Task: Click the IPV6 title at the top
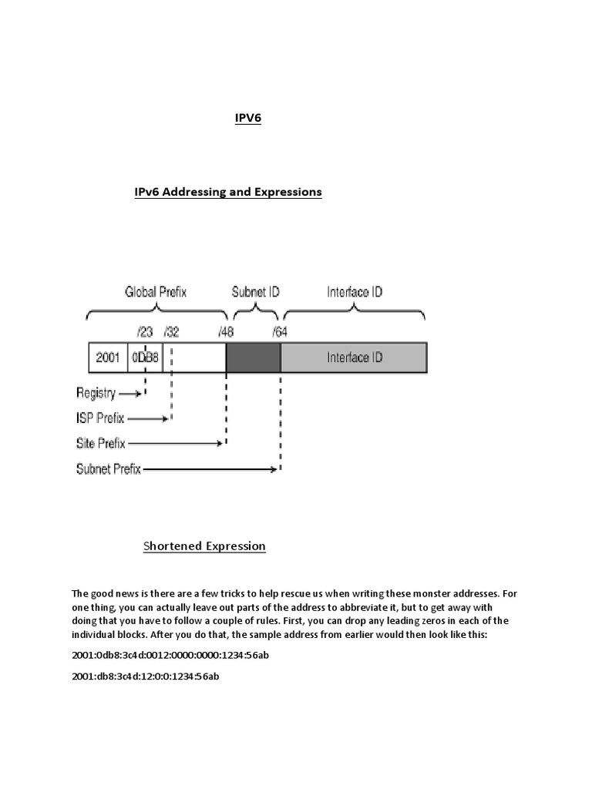pos(247,118)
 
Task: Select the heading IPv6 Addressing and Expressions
pos(227,192)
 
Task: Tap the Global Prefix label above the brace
pos(156,292)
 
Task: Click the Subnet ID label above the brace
pos(255,292)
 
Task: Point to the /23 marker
pos(145,332)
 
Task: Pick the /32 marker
pos(171,332)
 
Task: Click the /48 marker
pos(226,332)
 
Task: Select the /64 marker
pos(280,332)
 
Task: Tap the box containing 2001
pos(108,358)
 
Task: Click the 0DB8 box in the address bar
pos(146,358)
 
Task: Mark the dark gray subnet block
pos(253,358)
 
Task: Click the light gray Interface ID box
pos(354,358)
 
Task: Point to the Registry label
pos(96,393)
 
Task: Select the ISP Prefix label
pos(100,418)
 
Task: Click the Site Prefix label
pos(100,444)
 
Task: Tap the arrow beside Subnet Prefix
pos(210,468)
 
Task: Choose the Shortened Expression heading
pos(204,546)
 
